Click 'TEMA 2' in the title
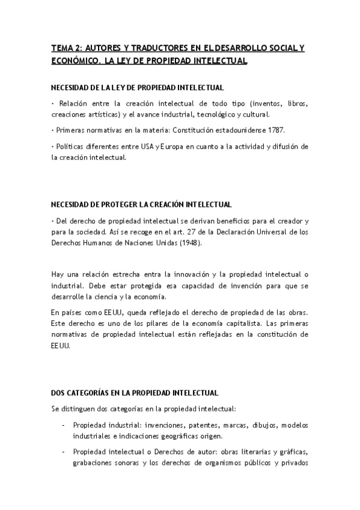[x=66, y=48]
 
